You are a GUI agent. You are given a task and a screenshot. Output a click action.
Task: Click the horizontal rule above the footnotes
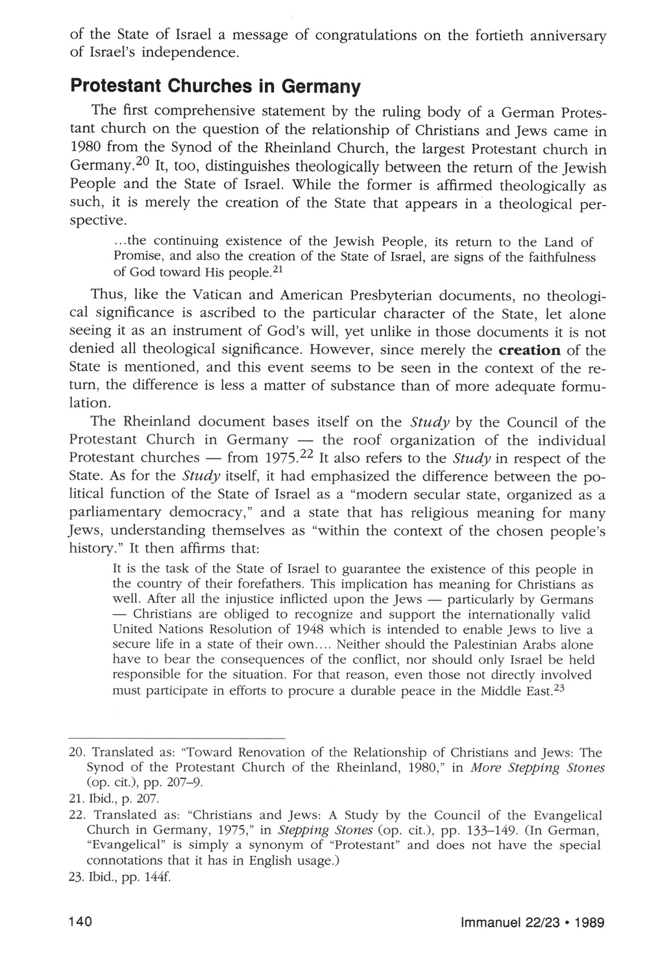(177, 739)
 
